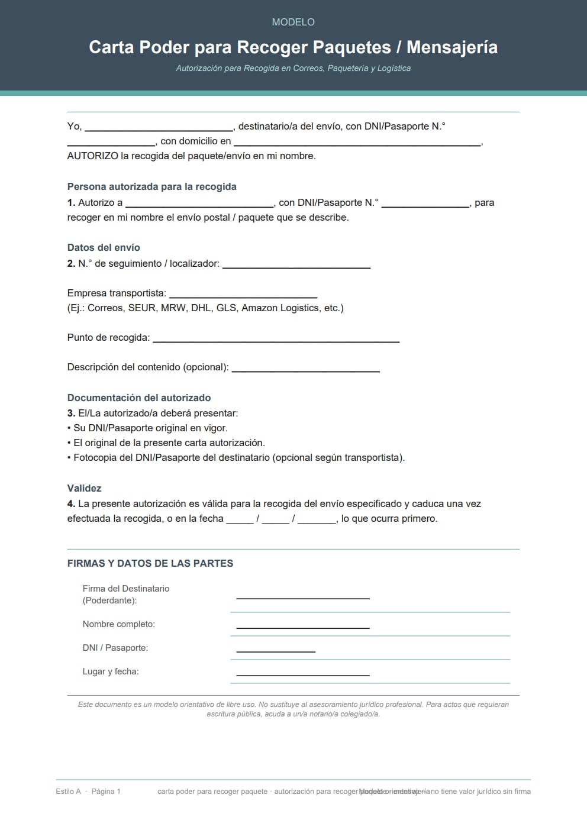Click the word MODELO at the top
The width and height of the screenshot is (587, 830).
293,22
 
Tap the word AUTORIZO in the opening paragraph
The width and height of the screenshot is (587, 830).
92,156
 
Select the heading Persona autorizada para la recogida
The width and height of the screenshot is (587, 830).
151,187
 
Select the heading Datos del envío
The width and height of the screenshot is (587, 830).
104,248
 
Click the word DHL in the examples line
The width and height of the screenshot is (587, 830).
201,308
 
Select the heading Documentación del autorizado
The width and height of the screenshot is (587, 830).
139,398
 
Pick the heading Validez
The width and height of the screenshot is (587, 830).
84,489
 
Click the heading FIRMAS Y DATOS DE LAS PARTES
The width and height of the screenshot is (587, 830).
150,564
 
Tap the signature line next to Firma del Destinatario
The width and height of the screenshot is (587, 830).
302,596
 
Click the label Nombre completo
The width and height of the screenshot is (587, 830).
118,624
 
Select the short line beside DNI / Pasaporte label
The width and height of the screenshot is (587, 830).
275,650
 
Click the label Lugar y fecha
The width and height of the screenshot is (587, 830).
111,671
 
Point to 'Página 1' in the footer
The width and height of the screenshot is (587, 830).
106,792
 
